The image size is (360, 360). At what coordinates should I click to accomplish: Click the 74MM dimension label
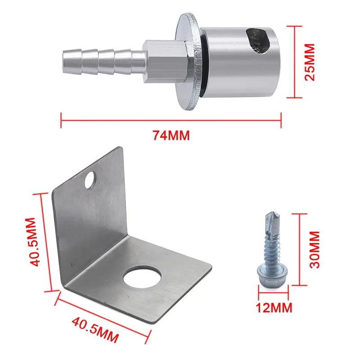coord(171,135)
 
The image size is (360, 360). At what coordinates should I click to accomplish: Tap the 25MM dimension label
coord(310,62)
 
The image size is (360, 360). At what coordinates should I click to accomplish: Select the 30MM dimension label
coord(315,250)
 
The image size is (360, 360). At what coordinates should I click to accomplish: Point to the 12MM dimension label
coord(274,308)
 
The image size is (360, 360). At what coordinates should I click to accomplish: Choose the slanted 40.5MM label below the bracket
coord(95,330)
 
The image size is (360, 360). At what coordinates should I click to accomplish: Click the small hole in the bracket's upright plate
coord(90,180)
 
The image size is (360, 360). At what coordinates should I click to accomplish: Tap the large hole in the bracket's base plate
coord(142,277)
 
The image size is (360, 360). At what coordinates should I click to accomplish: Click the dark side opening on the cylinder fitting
coord(258,41)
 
